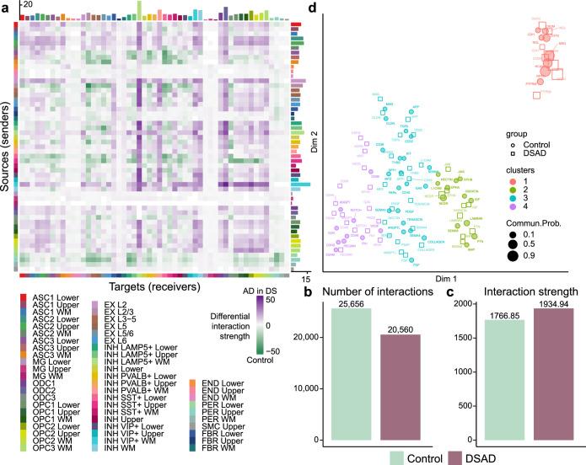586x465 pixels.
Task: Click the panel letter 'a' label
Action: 5,7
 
